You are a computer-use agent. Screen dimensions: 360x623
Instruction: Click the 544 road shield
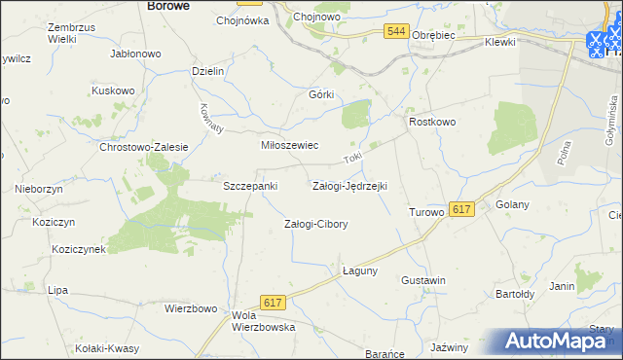click(x=394, y=32)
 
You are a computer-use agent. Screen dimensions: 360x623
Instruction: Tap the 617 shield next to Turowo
click(x=462, y=209)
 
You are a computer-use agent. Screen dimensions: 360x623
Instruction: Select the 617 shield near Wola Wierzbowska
click(x=273, y=305)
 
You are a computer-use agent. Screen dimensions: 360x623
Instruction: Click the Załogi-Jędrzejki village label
click(x=348, y=185)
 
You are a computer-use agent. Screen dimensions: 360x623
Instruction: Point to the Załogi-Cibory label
click(x=315, y=224)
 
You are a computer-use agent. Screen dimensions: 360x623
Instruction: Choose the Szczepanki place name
click(x=251, y=185)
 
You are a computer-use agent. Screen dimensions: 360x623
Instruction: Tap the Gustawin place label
click(x=423, y=280)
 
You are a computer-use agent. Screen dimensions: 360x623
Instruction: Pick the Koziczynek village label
click(x=78, y=249)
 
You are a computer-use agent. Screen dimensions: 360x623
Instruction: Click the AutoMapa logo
click(x=560, y=342)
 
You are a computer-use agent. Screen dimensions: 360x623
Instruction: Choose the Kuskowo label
click(x=112, y=90)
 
